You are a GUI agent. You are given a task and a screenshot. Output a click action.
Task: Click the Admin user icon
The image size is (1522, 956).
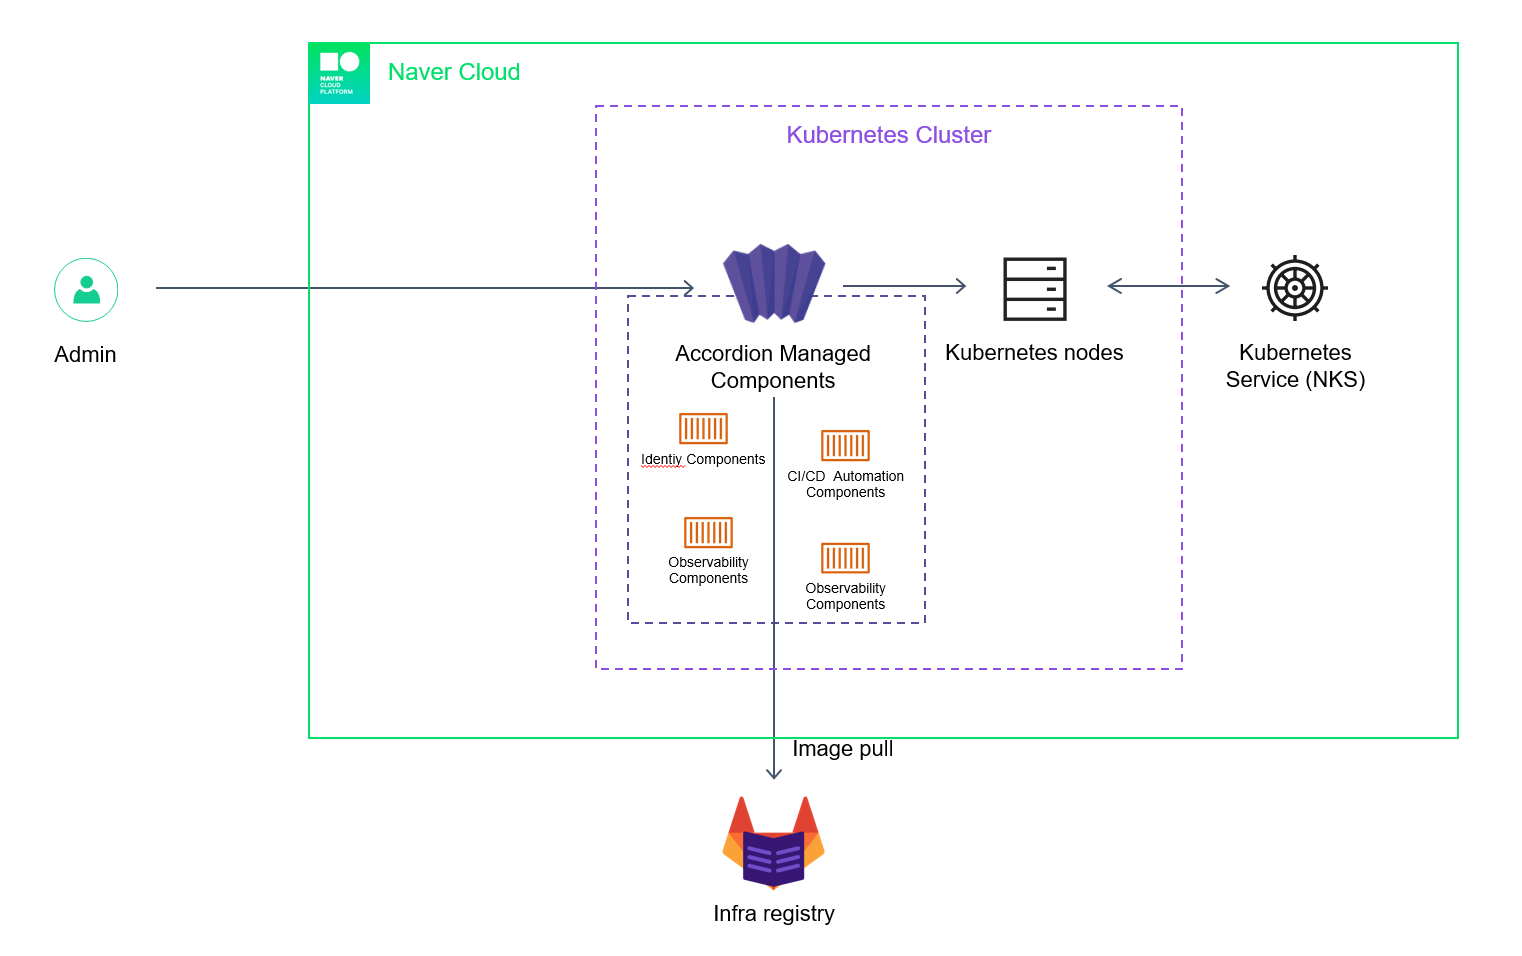[x=86, y=290]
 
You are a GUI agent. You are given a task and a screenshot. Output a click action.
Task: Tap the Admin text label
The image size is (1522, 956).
[x=85, y=355]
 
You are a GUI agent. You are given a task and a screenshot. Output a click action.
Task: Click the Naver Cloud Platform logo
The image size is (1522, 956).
[x=339, y=73]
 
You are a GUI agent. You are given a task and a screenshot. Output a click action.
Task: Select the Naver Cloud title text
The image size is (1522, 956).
[x=454, y=72]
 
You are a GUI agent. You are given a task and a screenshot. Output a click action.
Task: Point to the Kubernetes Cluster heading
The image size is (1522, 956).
[x=888, y=135]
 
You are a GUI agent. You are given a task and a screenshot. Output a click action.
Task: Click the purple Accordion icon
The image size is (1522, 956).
[x=774, y=283]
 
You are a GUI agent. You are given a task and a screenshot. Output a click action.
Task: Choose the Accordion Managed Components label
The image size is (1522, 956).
[x=773, y=367]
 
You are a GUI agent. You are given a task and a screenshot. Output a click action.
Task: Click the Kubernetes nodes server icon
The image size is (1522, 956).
[x=1035, y=289]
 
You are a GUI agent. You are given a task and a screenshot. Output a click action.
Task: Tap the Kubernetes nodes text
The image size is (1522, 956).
[x=1034, y=353]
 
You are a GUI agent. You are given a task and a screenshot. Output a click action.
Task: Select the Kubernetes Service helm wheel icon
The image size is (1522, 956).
[x=1295, y=288]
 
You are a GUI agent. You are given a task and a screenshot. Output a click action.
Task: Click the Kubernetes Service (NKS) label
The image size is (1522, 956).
[x=1295, y=366]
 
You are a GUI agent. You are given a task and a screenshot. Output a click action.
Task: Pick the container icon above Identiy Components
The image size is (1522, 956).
[x=703, y=428]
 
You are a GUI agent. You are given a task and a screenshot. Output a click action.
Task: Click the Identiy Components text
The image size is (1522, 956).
[x=703, y=460]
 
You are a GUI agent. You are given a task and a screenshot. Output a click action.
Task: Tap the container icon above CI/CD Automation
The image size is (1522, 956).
[x=845, y=445]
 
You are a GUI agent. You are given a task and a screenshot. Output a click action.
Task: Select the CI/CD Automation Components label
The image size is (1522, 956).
[x=845, y=485]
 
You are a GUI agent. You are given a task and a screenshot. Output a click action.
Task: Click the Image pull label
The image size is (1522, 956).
[x=842, y=749]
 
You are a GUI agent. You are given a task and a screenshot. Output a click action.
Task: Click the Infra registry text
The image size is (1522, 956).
[x=774, y=914]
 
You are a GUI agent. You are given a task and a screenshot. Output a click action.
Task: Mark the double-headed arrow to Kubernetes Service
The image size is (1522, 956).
[x=1168, y=286]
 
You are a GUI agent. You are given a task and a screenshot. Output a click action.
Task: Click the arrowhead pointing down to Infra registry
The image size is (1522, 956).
[x=774, y=773]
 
